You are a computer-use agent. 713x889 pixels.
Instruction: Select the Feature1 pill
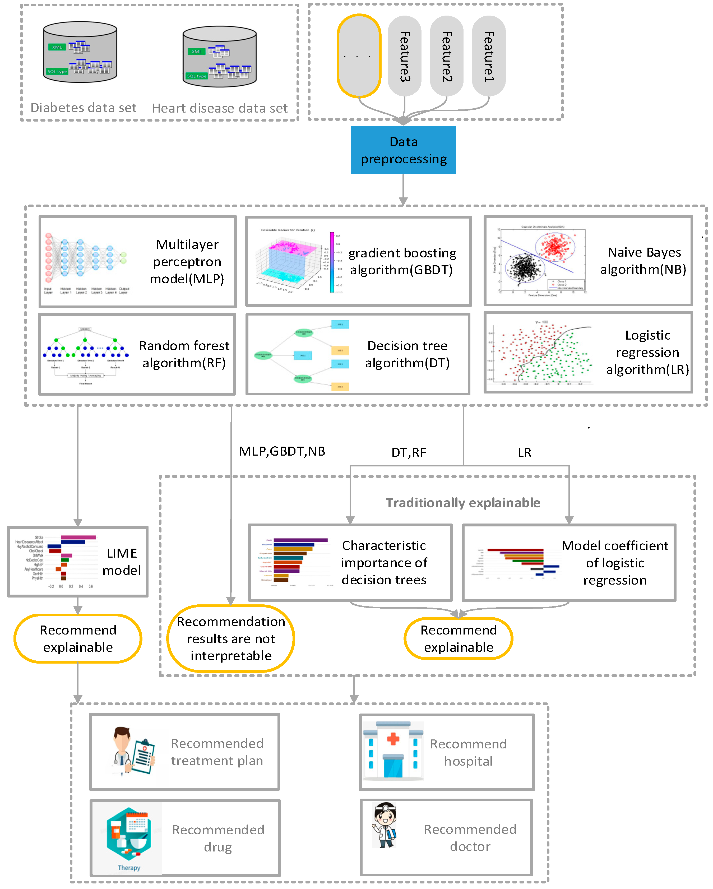point(488,56)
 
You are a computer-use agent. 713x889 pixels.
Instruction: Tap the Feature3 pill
point(405,56)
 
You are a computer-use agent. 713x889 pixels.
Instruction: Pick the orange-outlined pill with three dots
point(359,56)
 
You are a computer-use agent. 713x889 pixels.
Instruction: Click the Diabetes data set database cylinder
point(80,52)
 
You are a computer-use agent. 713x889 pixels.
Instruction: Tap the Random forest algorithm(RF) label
point(184,354)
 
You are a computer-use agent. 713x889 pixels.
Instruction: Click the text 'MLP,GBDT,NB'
point(282,452)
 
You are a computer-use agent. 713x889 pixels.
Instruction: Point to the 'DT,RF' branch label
point(408,453)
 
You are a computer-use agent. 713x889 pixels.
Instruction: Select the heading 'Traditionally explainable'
point(463,503)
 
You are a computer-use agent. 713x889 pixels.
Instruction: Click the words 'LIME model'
point(122,562)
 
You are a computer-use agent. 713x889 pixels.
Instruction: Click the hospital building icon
point(393,751)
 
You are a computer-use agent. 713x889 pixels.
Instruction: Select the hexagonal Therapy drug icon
point(128,837)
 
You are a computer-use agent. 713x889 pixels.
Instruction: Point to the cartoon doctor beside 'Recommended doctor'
point(385,825)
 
